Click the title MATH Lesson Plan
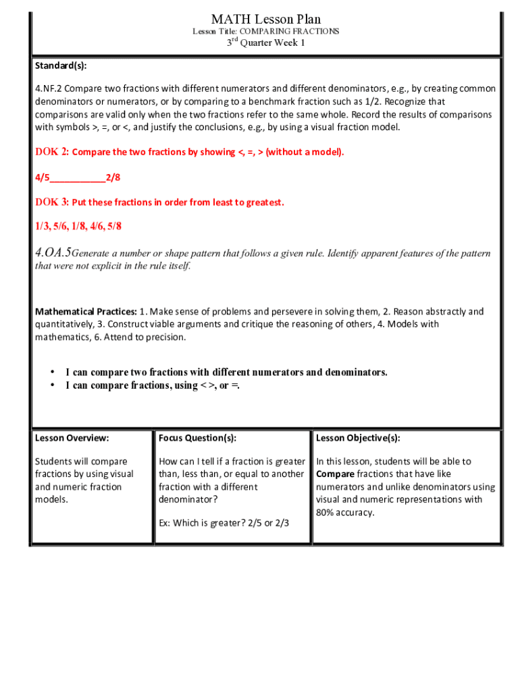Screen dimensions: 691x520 (x=265, y=19)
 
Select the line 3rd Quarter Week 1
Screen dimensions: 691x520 (x=265, y=43)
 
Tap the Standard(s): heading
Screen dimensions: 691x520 (x=61, y=66)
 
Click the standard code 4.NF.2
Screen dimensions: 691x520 (x=49, y=89)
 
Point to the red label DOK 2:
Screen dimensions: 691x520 (x=52, y=152)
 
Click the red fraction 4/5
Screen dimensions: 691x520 (x=43, y=177)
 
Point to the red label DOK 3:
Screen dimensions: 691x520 (x=52, y=202)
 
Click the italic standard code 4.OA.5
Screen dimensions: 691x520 (x=53, y=253)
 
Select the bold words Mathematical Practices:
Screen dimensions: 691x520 (x=86, y=312)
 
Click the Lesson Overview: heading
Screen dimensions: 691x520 (x=72, y=438)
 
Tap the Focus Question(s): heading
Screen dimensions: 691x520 (x=197, y=438)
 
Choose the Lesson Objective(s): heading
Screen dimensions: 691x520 (x=358, y=438)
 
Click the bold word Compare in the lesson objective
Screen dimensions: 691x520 (x=335, y=474)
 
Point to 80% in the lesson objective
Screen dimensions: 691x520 (x=326, y=513)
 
